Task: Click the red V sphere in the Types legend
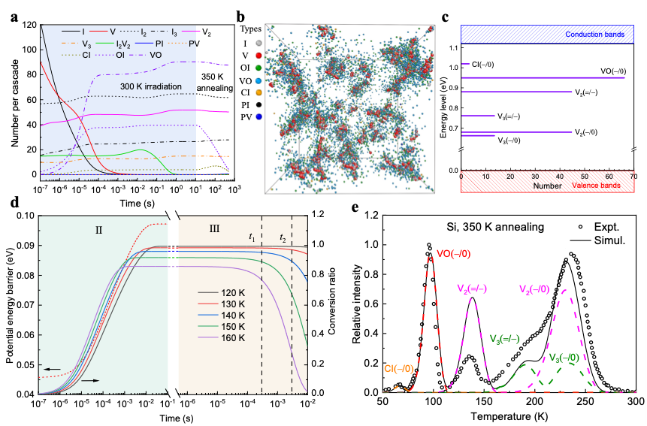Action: (x=259, y=55)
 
